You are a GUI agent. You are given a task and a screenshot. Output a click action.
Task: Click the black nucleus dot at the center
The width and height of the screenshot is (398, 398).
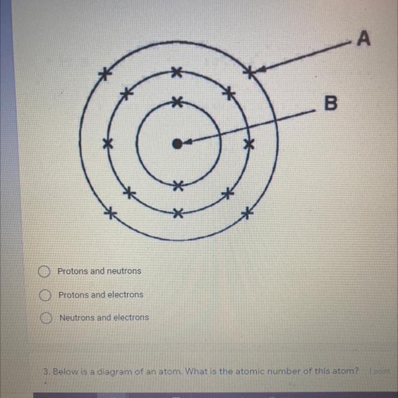click(x=177, y=144)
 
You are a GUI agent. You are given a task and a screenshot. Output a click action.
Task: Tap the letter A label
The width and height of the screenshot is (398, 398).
click(x=364, y=39)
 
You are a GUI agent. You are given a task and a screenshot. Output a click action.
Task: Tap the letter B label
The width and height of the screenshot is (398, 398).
click(x=331, y=103)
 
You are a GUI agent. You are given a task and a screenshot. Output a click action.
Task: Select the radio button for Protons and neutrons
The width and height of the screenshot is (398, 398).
click(x=44, y=272)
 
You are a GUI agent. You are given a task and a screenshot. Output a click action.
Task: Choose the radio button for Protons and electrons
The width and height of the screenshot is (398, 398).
click(x=44, y=295)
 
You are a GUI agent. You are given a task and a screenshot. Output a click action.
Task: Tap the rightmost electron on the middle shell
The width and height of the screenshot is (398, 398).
click(x=249, y=144)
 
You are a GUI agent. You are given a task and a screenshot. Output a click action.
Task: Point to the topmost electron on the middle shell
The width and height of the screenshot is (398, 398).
click(x=177, y=73)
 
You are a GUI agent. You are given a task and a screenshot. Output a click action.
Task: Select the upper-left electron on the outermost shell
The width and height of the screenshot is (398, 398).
click(x=105, y=75)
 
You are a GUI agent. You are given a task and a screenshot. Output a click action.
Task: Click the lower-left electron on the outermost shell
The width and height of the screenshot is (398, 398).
click(x=111, y=213)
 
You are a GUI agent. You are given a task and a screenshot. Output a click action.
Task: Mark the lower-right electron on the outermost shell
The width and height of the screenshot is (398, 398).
click(x=247, y=214)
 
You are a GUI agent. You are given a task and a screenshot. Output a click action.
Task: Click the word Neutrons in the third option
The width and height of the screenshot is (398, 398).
click(x=78, y=317)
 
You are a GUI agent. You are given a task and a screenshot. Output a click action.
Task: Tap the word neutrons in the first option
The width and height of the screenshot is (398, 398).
click(x=124, y=271)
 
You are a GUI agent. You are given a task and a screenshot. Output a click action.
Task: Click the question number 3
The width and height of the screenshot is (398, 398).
click(x=46, y=371)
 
